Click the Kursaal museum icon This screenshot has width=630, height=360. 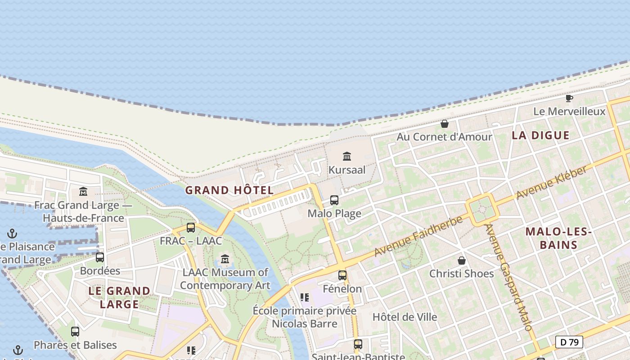(347, 157)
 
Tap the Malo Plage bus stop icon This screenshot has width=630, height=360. (334, 200)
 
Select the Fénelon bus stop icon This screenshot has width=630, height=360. (342, 275)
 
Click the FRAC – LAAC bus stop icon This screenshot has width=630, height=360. (191, 228)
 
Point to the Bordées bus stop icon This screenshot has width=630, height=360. (100, 257)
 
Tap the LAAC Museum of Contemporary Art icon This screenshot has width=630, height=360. (225, 259)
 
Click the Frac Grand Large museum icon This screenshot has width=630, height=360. (83, 192)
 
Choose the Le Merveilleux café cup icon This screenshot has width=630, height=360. (569, 98)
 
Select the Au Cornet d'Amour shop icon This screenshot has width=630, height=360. (445, 124)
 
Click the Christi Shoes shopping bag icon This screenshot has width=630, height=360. (462, 261)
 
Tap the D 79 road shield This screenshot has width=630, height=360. (569, 342)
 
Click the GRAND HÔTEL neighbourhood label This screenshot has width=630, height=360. (229, 190)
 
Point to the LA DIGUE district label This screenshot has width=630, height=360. (540, 135)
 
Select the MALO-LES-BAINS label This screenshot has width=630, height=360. (558, 238)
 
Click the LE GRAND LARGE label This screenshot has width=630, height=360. (119, 297)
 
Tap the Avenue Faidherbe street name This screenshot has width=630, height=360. (418, 237)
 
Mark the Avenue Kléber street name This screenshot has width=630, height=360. (552, 182)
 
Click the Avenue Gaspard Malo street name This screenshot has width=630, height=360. (509, 277)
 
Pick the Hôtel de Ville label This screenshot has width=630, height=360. (405, 317)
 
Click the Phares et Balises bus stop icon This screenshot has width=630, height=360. (75, 332)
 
